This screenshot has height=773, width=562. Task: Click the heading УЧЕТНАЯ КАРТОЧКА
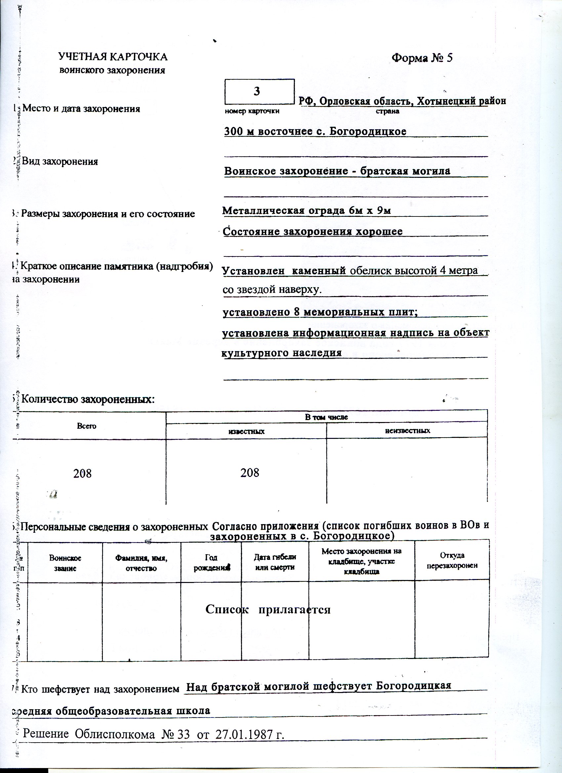click(113, 57)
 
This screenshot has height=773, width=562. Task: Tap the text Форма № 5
click(422, 58)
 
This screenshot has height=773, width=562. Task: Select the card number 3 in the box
click(257, 91)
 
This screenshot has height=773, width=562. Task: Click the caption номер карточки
click(252, 111)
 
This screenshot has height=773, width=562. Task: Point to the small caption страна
click(387, 111)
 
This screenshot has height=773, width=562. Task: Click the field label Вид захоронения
click(60, 161)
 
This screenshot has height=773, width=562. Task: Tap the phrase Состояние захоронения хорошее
click(312, 231)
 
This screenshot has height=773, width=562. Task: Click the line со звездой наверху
click(272, 290)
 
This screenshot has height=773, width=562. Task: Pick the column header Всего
click(87, 426)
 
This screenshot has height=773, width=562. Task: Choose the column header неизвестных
click(407, 431)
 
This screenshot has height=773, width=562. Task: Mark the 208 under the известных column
click(250, 473)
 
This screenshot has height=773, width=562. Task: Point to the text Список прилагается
click(268, 609)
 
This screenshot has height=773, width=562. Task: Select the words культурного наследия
click(282, 352)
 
